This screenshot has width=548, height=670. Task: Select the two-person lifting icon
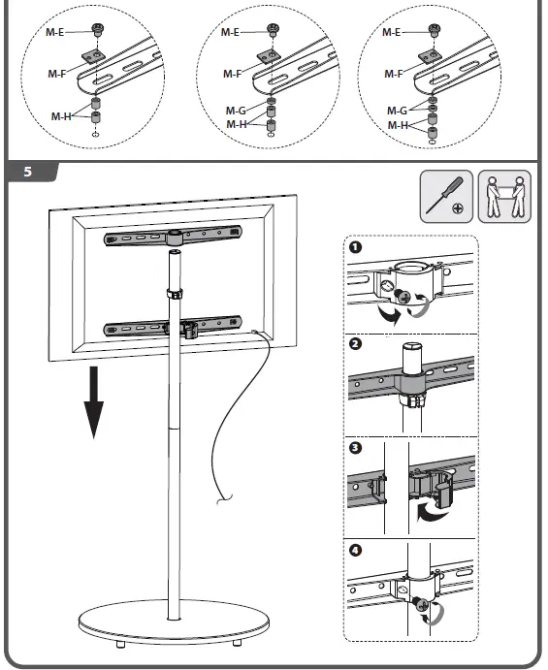coord(504,198)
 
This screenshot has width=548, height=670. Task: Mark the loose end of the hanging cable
coord(222,501)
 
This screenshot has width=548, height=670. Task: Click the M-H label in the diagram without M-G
coord(61,116)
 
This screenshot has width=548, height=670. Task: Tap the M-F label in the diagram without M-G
coord(58,74)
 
